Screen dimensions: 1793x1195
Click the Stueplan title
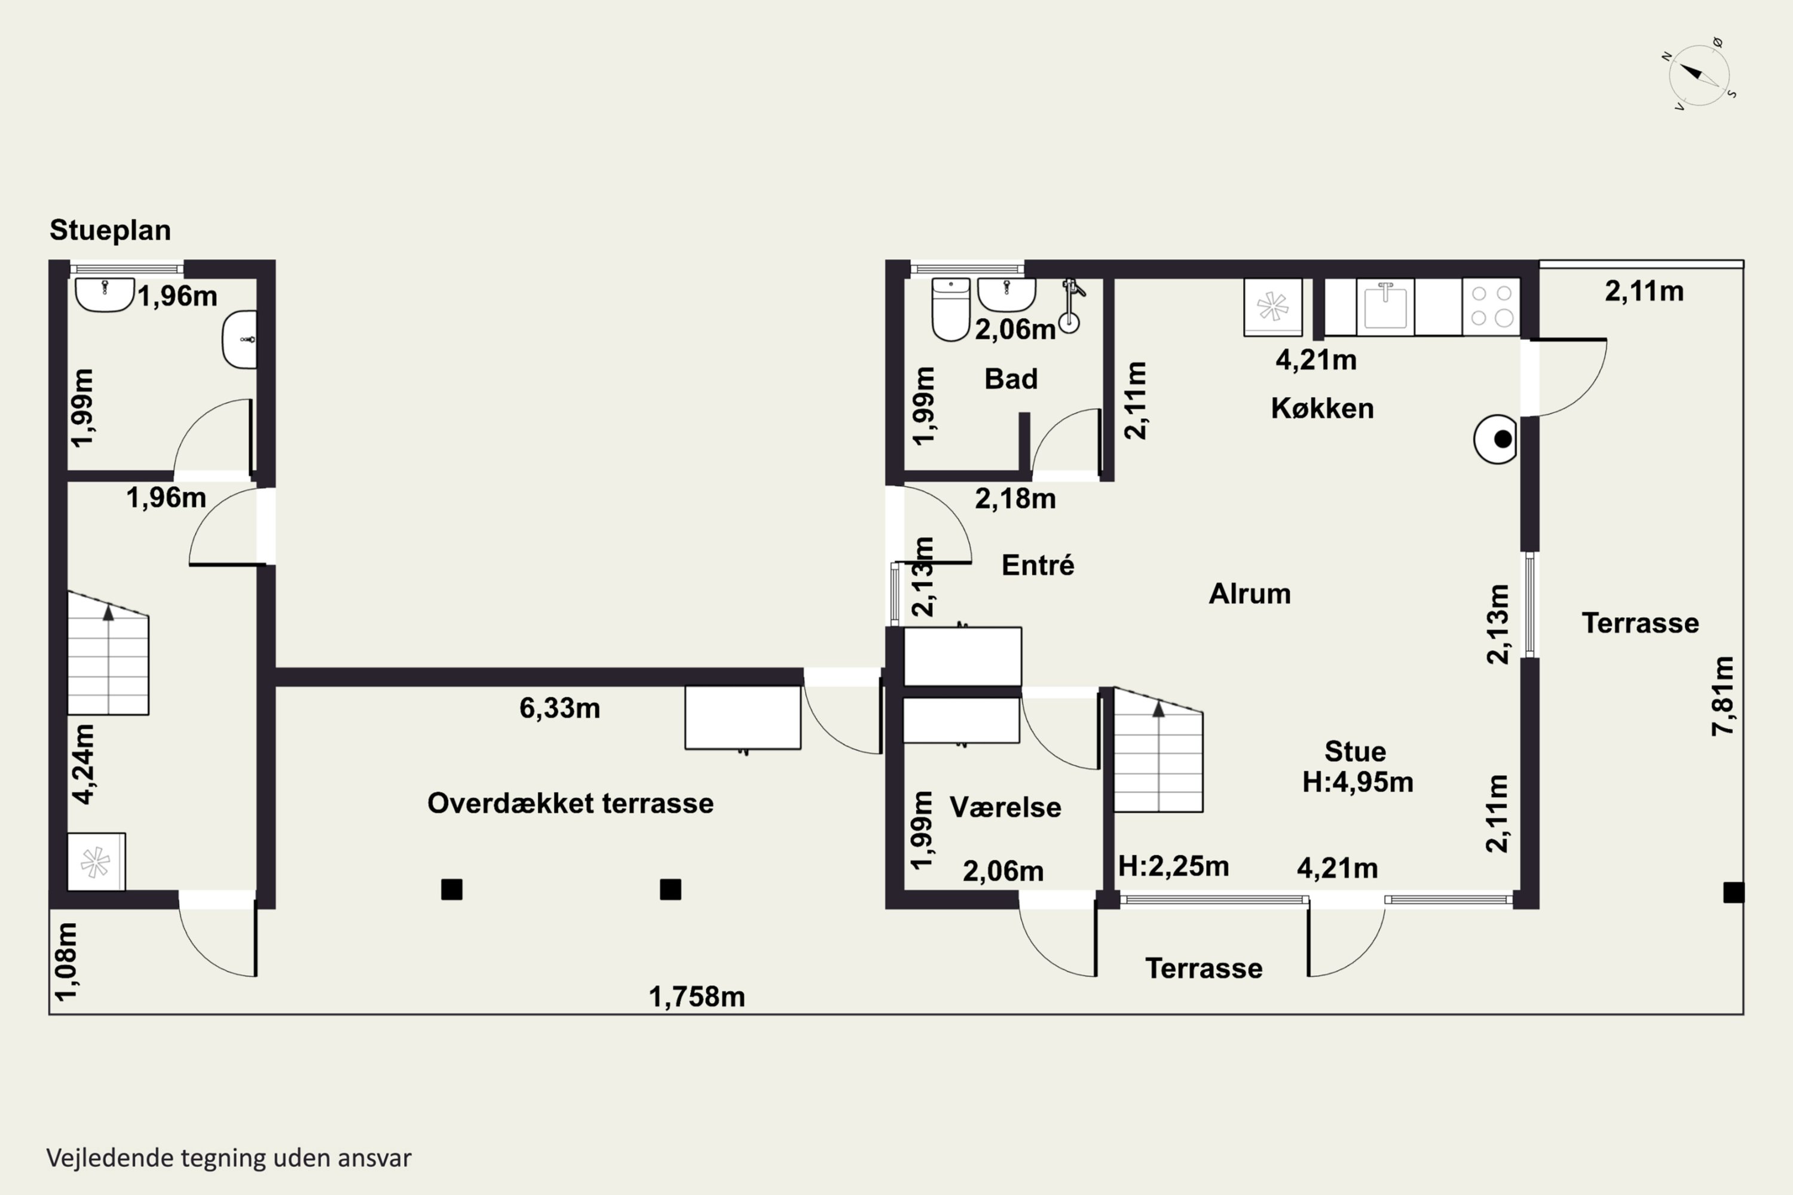111,230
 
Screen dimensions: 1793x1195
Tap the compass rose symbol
1699,75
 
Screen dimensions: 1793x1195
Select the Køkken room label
1322,409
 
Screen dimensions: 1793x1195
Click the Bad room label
1011,379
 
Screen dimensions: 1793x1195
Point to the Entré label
1038,565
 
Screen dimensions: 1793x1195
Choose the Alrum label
1250,594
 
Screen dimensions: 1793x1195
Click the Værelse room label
1005,807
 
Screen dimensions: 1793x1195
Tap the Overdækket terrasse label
570,803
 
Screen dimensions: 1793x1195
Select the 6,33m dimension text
559,708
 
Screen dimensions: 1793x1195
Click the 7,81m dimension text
1723,696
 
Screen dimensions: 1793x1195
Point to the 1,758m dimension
697,997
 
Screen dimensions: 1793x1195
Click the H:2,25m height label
1173,866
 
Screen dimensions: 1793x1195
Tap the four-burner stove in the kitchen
1491,307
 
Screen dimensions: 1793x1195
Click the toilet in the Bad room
951,310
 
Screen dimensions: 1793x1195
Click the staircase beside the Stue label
1159,750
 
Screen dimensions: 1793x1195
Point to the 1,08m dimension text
66,961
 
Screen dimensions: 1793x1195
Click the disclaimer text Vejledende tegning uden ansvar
229,1158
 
